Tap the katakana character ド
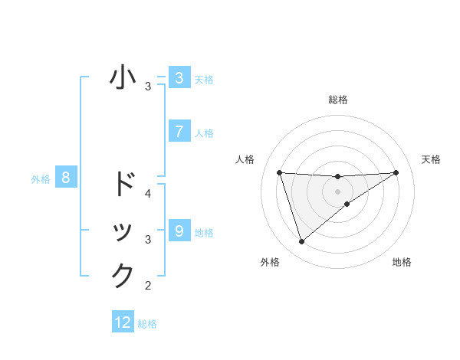pos(123,184)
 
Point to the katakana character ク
pos(123,275)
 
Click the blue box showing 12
pos(123,322)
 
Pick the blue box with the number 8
pos(66,178)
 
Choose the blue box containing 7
pos(179,132)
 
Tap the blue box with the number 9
pos(179,231)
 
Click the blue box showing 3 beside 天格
pos(179,78)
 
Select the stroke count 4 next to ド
pos(148,193)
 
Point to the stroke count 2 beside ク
pos(148,286)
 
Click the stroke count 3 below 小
pos(148,87)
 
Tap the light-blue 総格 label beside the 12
pos(148,324)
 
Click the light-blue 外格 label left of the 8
pos(41,179)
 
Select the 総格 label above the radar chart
pos(337,100)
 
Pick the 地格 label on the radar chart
pos(402,262)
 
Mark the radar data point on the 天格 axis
pos(396,172)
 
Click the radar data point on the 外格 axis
pos(301,242)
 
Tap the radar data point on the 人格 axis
pos(279,172)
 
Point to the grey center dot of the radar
pos(337,191)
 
